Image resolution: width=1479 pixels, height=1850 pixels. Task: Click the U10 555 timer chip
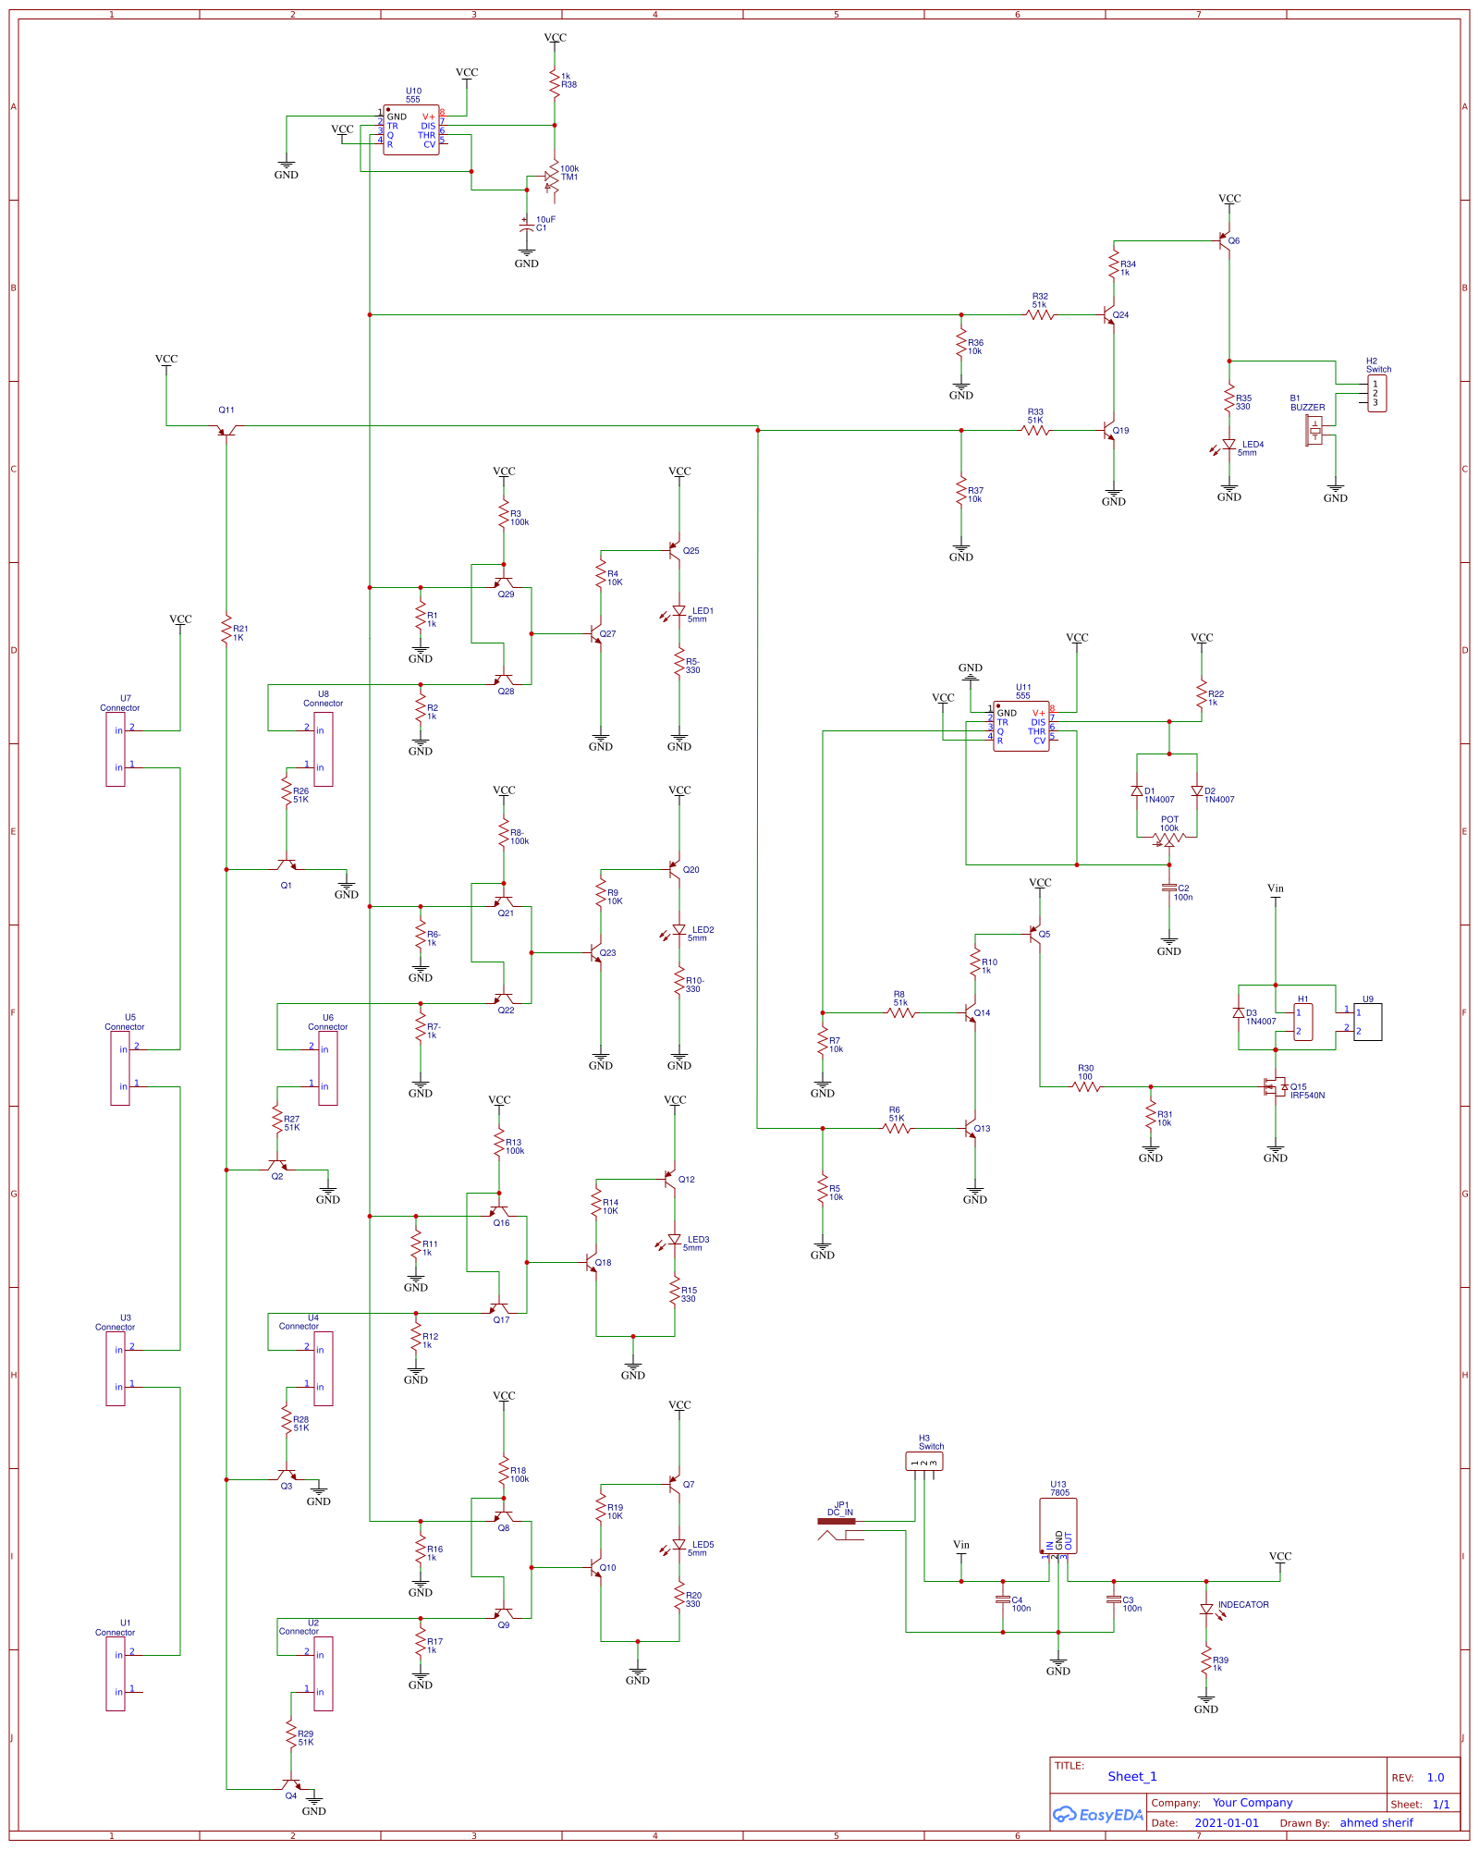(411, 130)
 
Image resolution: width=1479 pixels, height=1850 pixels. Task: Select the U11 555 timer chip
(1021, 727)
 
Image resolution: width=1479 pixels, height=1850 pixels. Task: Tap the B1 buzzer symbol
(1314, 429)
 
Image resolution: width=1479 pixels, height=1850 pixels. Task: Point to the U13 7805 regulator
(1057, 1526)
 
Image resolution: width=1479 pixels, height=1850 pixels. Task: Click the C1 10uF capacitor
(527, 225)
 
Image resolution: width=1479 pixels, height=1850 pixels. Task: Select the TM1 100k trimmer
(552, 177)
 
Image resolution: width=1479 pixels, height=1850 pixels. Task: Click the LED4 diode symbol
(1228, 446)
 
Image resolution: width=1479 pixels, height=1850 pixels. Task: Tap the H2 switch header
(1376, 393)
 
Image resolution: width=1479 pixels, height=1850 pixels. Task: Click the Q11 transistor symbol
(226, 429)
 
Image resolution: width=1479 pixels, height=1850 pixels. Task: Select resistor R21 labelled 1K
(226, 631)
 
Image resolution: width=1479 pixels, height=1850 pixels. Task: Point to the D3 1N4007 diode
(1239, 1013)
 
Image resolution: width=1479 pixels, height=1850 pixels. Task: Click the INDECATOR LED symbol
(1206, 1610)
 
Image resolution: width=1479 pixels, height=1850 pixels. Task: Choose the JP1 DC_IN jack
(837, 1527)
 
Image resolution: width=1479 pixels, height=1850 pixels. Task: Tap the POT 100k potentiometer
(1168, 839)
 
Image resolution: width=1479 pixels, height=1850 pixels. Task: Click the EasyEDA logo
(1098, 1815)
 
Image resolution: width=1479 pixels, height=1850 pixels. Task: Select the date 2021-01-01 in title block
(1227, 1823)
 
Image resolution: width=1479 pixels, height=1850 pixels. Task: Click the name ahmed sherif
(1376, 1823)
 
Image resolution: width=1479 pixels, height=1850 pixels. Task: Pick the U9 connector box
(1367, 1022)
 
